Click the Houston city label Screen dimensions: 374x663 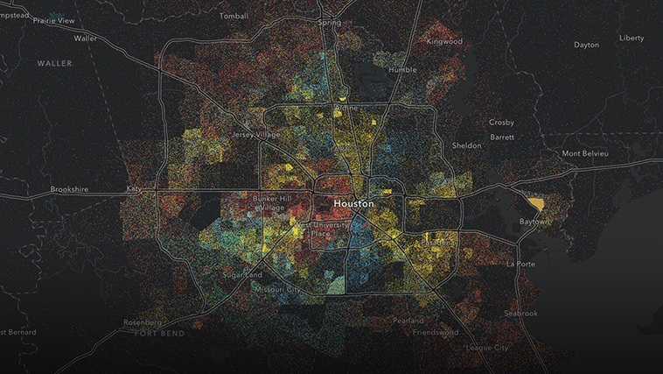pyautogui.click(x=353, y=203)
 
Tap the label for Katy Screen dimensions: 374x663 pyautogui.click(x=134, y=188)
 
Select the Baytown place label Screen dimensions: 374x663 pyautogui.click(x=534, y=222)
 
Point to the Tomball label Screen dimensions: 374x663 pyautogui.click(x=234, y=16)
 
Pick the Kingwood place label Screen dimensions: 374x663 pyautogui.click(x=443, y=41)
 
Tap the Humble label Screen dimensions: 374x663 pyautogui.click(x=403, y=68)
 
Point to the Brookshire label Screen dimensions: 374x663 pyautogui.click(x=71, y=188)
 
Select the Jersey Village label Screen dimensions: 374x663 pyautogui.click(x=259, y=135)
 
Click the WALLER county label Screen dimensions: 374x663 pyautogui.click(x=55, y=64)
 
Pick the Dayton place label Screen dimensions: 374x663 pyautogui.click(x=587, y=45)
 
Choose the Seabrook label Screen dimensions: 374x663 pyautogui.click(x=521, y=313)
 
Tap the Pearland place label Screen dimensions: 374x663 pyautogui.click(x=408, y=321)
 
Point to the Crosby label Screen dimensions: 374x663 pyautogui.click(x=501, y=123)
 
